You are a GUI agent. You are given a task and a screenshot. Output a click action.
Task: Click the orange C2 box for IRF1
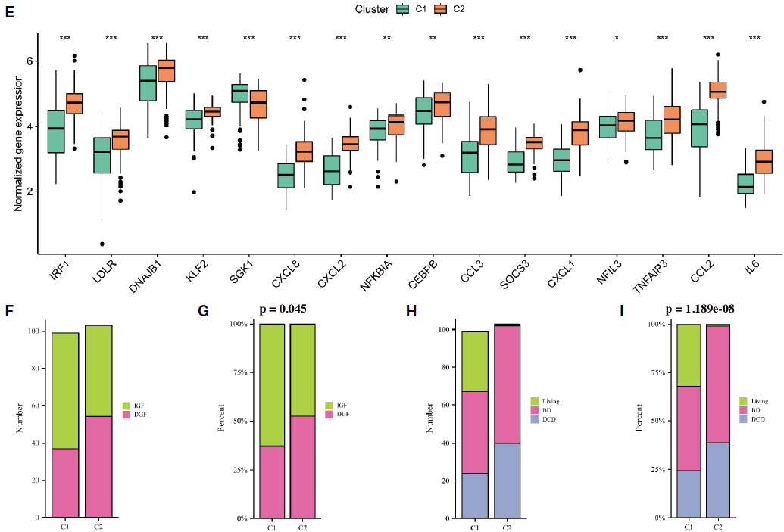point(74,103)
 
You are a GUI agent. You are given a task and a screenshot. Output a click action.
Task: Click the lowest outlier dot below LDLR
point(102,244)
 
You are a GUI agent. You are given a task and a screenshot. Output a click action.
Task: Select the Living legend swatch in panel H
point(534,401)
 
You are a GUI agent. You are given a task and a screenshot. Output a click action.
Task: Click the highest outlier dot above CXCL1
point(579,70)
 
